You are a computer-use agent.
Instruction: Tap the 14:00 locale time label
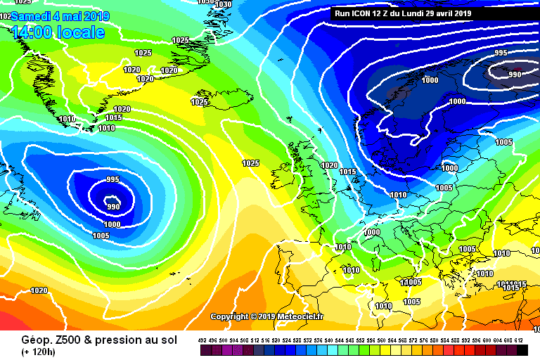pos(58,32)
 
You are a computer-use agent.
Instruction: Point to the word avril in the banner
pos(442,13)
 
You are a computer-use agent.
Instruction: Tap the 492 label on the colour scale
pos(203,340)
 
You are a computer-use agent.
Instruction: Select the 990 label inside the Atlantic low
pos(112,206)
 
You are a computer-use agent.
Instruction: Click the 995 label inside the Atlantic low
pos(112,180)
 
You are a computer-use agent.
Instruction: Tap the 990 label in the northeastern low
pos(515,75)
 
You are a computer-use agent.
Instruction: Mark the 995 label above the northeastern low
pos(501,53)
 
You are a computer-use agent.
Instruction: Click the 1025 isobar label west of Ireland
pos(251,163)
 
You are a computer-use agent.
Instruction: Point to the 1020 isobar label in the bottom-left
pos(39,290)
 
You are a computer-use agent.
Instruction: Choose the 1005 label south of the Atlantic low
pos(101,236)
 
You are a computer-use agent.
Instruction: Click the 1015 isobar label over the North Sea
pos(347,172)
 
